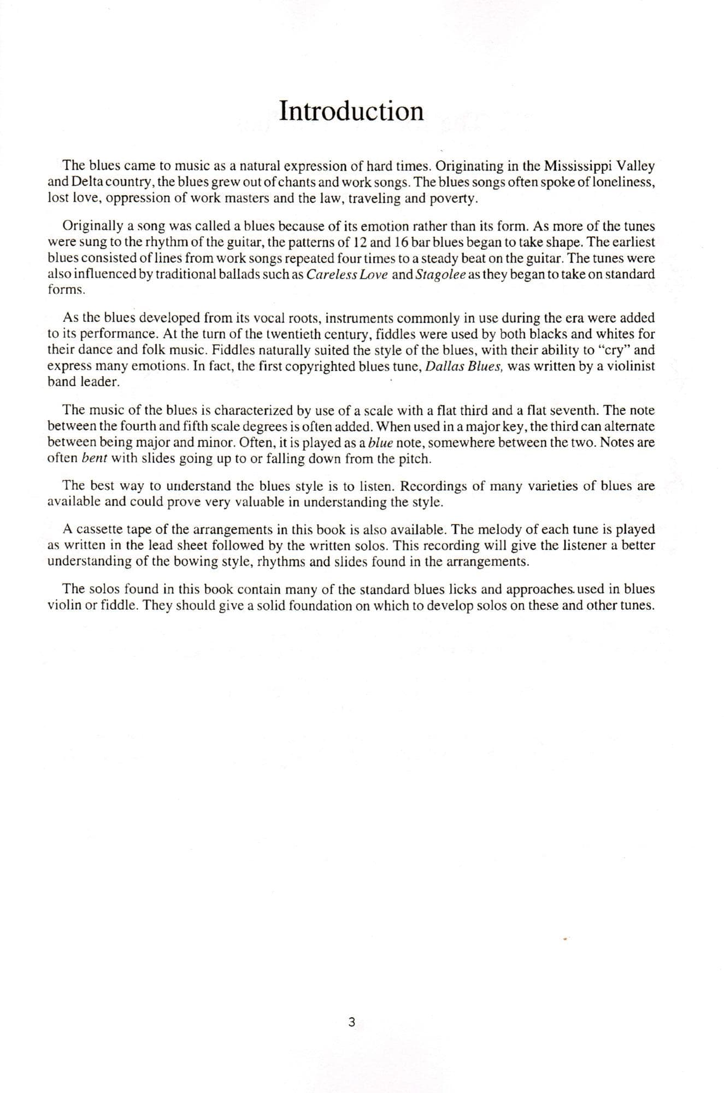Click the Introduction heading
point(351,111)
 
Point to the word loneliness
point(622,182)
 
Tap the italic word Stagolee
point(440,274)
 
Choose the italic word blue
point(381,442)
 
